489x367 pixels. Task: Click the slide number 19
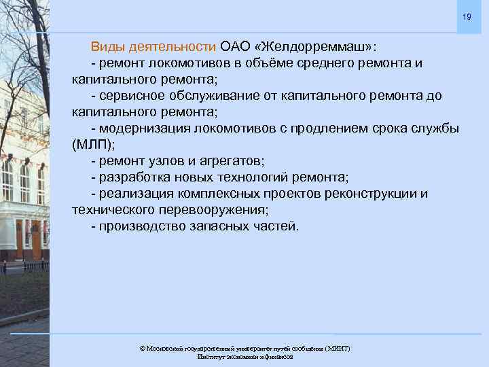click(467, 16)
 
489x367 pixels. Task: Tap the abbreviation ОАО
click(236, 47)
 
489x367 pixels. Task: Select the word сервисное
click(131, 96)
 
